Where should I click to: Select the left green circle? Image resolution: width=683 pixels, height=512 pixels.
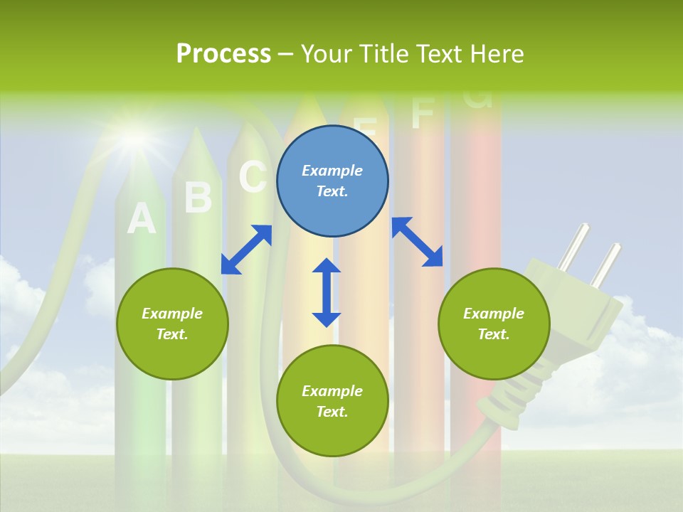[172, 324]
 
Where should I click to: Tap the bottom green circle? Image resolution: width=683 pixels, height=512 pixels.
[332, 401]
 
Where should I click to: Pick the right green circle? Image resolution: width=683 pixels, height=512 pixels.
[494, 324]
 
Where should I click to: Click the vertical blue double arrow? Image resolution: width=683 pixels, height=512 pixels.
[327, 292]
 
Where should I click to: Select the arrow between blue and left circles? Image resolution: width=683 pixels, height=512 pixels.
[246, 250]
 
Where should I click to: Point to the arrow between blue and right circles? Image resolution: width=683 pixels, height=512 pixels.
[417, 242]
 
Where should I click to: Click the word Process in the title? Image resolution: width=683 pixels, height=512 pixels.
[223, 53]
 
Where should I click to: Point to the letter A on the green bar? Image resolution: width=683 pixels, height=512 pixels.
[141, 219]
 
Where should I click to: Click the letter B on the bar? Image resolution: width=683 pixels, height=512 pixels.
[198, 198]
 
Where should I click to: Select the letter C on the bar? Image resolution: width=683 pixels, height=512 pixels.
[253, 176]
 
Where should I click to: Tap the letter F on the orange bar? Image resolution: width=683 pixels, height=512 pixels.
[423, 114]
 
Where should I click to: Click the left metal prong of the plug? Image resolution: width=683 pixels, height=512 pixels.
[573, 246]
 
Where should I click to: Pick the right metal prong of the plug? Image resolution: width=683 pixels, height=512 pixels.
[607, 265]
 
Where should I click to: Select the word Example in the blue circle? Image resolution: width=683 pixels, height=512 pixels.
[332, 171]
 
